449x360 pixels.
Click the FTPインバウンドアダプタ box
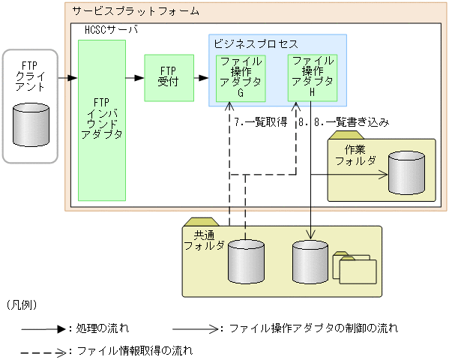[x=101, y=120]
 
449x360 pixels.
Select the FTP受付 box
[x=168, y=78]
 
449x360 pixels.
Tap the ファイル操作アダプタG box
[x=240, y=78]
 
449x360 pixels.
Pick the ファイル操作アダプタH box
[x=313, y=76]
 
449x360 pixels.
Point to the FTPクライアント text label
[x=30, y=76]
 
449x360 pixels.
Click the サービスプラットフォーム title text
[x=136, y=11]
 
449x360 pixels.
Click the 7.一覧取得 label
[x=262, y=121]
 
